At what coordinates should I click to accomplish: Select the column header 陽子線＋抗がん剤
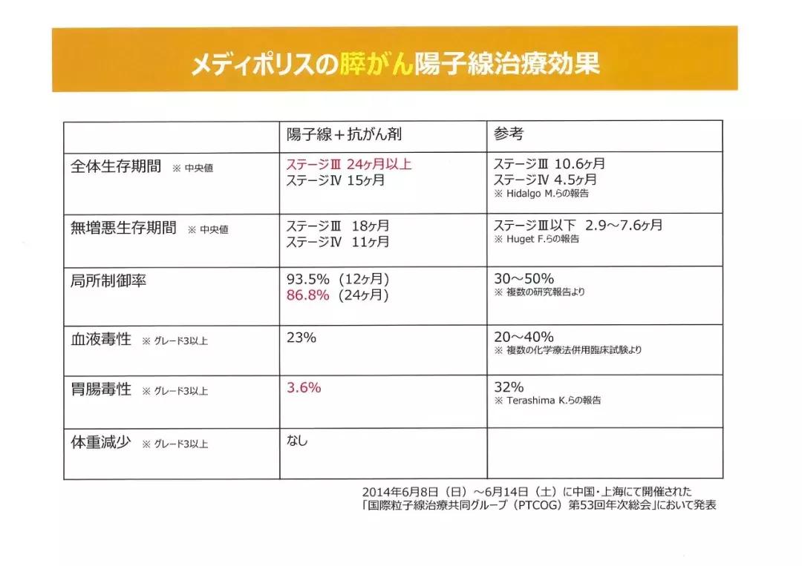(345, 135)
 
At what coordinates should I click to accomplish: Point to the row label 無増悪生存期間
(123, 228)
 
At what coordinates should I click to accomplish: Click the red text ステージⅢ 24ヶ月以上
(349, 165)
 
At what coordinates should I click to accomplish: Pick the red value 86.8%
(308, 294)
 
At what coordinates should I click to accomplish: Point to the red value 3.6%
(304, 386)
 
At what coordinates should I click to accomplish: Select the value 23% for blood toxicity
(301, 338)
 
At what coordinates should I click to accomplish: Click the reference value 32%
(509, 386)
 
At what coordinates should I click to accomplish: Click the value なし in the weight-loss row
(297, 441)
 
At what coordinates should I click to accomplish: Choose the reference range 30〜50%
(524, 279)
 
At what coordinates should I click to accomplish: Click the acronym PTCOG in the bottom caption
(530, 505)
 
